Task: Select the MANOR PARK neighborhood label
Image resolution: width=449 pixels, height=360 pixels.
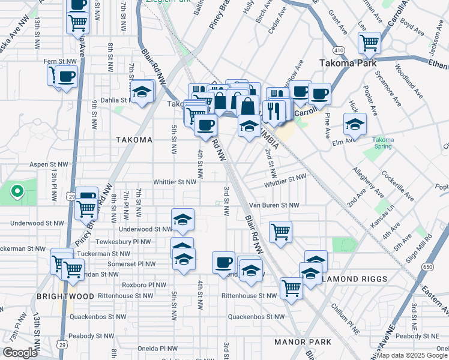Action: [303, 342]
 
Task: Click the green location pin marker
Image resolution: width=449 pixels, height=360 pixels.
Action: [17, 192]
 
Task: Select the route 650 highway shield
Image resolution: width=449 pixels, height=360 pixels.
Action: [427, 266]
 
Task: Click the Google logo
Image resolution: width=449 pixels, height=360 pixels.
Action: [20, 353]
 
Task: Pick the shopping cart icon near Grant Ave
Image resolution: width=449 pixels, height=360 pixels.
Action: [369, 42]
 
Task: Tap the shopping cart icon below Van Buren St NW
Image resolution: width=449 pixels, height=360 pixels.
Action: [280, 231]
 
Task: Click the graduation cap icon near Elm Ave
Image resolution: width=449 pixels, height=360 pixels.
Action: [355, 124]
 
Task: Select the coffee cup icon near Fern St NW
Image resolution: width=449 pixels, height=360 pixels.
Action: [67, 76]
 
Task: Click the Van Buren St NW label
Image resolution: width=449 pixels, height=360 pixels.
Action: [274, 205]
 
